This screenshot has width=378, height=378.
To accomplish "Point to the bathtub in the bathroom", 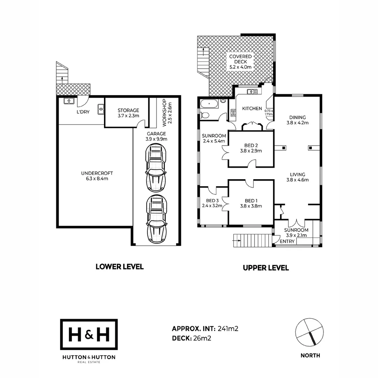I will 209,104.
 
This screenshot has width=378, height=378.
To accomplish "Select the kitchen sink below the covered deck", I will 252,92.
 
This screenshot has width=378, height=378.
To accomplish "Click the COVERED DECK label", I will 240,56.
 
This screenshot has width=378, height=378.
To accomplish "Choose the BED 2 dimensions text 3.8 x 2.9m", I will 251,151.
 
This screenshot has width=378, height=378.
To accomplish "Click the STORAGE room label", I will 128,110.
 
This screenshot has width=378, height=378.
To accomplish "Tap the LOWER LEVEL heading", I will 119,267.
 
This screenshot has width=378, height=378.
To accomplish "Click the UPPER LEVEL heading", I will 266,268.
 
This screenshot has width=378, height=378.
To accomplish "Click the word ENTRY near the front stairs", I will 287,241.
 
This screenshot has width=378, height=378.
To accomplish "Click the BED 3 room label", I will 212,201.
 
